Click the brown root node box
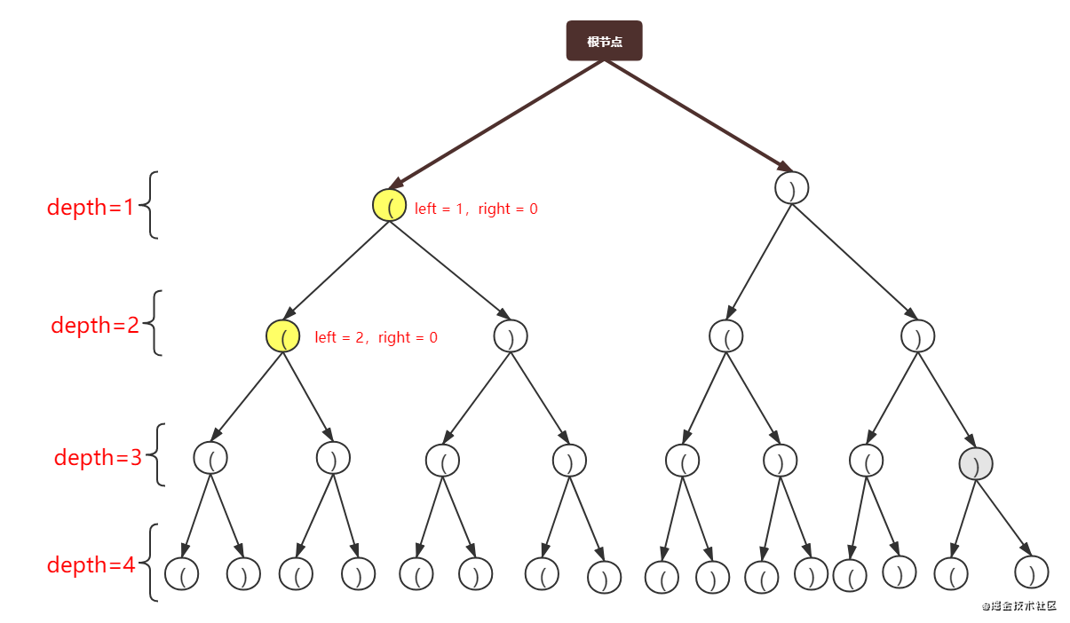[604, 41]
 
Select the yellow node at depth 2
[283, 336]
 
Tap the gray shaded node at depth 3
[976, 463]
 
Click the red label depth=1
[90, 207]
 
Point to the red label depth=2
[95, 325]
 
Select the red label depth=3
[98, 458]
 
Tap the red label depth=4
[91, 564]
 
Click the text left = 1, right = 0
[476, 209]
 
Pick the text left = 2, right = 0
[376, 337]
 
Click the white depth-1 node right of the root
[791, 188]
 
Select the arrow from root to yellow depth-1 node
[484, 124]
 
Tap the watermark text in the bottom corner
[1019, 604]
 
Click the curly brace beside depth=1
[153, 205]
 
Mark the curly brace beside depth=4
[153, 563]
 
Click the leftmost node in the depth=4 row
[181, 574]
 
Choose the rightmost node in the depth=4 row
[1031, 572]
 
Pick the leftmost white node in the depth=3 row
[210, 458]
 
